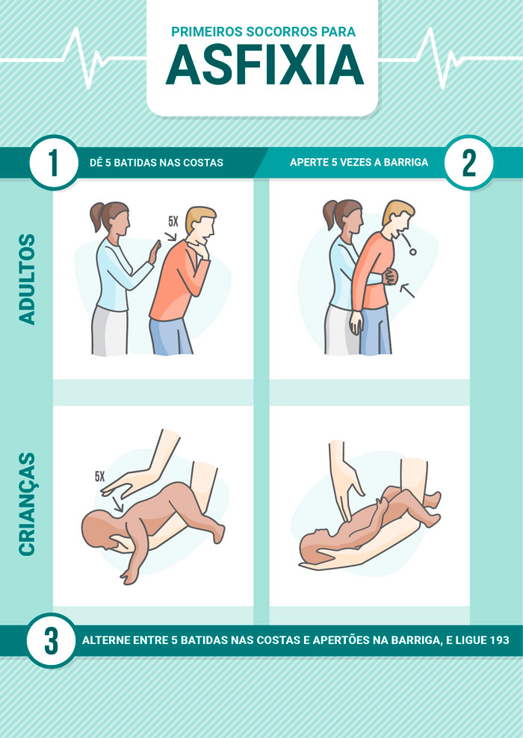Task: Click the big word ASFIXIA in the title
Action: pos(264,66)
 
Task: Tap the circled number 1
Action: pos(54,163)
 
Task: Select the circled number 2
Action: pos(468,163)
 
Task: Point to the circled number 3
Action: pos(51,640)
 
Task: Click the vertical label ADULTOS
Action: pos(28,280)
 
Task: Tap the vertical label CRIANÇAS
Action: pos(28,504)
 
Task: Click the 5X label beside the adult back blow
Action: pos(173,221)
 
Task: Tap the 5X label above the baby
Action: pos(99,477)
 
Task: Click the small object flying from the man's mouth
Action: pos(412,251)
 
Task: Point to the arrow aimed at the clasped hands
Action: pos(407,291)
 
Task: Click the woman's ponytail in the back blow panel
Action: pos(97,216)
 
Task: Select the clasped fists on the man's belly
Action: pos(390,276)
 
